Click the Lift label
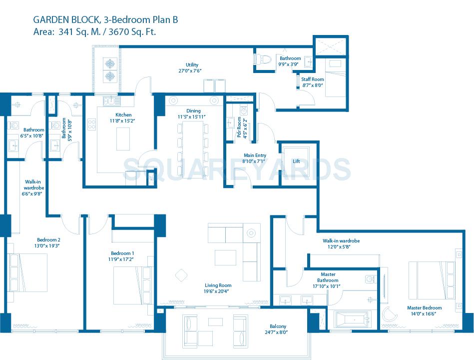coord(296,161)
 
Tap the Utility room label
coord(192,64)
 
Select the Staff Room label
coord(313,79)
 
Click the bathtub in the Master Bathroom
coord(352,318)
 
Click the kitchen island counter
coord(123,138)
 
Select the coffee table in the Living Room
coord(225,257)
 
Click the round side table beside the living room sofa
coord(250,232)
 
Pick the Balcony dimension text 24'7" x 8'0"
coord(276,332)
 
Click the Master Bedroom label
coord(424,308)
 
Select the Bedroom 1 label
coord(122,253)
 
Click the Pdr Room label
coord(239,127)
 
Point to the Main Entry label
coord(255,155)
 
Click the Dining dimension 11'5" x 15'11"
coord(191,117)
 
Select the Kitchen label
coord(123,114)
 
